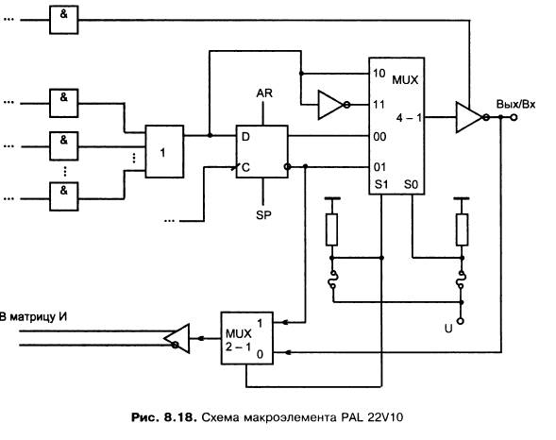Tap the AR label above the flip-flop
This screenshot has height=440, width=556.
click(264, 93)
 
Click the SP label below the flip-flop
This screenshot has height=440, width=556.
click(263, 215)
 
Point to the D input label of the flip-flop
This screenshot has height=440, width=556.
click(245, 137)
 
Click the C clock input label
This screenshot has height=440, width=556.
click(245, 167)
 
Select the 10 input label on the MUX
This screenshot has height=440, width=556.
click(379, 74)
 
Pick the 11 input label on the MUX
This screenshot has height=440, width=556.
click(379, 105)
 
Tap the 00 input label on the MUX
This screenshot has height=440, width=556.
click(379, 137)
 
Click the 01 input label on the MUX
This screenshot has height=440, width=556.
click(379, 167)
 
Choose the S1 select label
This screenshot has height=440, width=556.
click(381, 184)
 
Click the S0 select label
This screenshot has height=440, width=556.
click(411, 184)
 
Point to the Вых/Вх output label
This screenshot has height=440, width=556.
click(515, 104)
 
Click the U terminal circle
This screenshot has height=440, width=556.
click(460, 321)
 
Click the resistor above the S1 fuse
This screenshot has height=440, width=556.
click(331, 229)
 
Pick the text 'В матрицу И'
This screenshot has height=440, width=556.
click(33, 316)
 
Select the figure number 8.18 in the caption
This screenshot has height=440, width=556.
click(179, 417)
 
